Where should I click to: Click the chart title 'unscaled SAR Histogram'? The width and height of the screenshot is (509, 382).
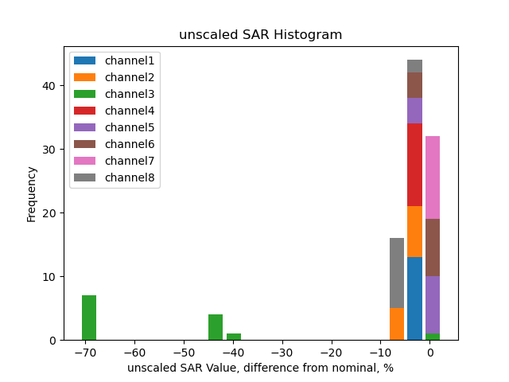click(x=260, y=35)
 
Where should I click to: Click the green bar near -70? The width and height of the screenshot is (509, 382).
click(x=89, y=318)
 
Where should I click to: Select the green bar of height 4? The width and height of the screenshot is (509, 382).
click(x=216, y=327)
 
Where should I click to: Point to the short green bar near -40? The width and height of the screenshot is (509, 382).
click(x=234, y=337)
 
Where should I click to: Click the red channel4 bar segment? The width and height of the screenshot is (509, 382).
click(x=414, y=165)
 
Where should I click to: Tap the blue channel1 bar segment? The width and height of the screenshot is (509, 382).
click(x=414, y=298)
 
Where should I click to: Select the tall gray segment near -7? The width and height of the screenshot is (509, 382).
click(x=397, y=273)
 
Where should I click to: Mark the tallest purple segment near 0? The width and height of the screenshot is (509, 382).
click(x=433, y=305)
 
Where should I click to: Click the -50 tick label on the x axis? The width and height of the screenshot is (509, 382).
click(x=183, y=353)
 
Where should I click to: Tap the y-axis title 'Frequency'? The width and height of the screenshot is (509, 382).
click(x=32, y=193)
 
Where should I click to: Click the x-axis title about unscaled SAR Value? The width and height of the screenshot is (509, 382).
click(x=260, y=368)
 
